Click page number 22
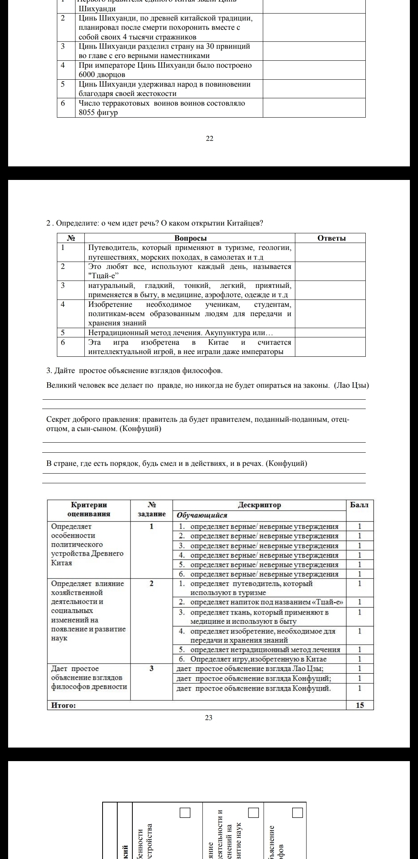(x=209, y=139)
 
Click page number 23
(x=209, y=718)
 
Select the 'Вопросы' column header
(x=190, y=238)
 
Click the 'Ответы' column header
(x=331, y=238)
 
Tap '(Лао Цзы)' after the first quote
(x=351, y=385)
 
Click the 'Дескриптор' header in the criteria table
(x=259, y=505)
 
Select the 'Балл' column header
(x=359, y=505)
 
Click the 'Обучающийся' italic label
(x=202, y=515)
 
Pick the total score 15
(x=360, y=705)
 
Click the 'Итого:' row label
(x=64, y=705)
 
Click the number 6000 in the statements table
(x=88, y=75)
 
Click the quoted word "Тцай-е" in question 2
(x=103, y=276)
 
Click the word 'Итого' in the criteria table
(x=64, y=705)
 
